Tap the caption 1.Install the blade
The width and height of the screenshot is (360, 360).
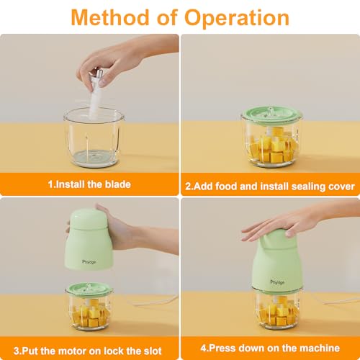pos(89,184)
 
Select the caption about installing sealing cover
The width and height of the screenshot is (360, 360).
pos(270,185)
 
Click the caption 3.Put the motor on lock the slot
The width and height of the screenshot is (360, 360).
pos(89,351)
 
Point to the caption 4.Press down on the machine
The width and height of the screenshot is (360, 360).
pos(270,351)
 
